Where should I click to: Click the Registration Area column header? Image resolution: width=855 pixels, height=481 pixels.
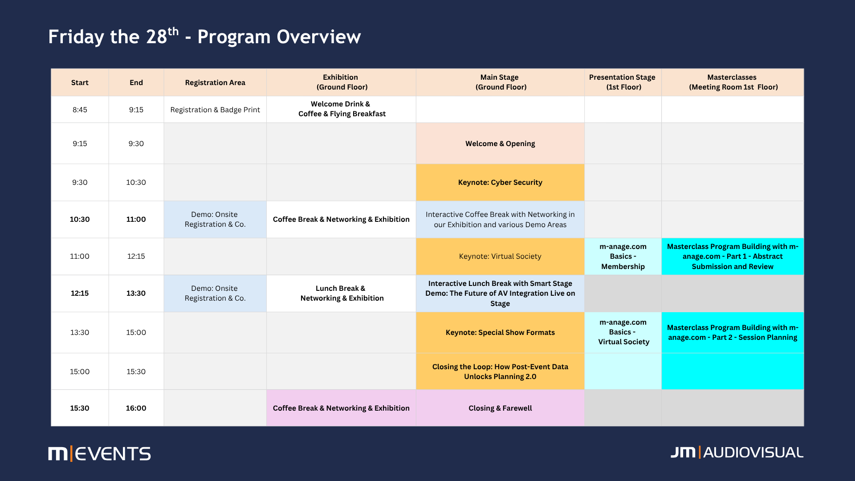point(215,82)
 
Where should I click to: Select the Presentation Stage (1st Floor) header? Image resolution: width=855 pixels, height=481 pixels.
point(623,82)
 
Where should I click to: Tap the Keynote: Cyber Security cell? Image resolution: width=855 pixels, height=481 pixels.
point(500,182)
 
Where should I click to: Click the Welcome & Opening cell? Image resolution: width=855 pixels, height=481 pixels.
point(500,143)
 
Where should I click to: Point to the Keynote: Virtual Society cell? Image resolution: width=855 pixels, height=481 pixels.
point(500,256)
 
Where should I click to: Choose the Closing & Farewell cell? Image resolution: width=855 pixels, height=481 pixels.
point(500,408)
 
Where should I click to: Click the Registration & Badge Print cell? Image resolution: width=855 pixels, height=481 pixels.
point(215,110)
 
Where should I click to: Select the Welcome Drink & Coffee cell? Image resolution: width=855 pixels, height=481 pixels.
point(341,109)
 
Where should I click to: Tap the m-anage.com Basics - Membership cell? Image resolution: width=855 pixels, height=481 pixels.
point(623,256)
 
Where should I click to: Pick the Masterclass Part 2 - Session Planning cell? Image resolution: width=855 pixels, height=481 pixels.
point(733,332)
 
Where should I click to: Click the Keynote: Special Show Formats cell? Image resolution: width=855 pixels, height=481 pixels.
point(500,332)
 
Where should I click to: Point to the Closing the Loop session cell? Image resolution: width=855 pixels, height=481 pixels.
point(500,371)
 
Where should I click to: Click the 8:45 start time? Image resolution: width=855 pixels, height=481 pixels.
point(80,110)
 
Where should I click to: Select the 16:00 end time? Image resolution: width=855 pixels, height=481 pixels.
point(136,408)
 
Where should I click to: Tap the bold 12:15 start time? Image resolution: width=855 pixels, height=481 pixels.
point(80,293)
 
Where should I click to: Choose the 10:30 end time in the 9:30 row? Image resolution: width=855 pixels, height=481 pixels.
point(136,182)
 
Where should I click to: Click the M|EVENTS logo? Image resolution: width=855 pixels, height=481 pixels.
point(99,453)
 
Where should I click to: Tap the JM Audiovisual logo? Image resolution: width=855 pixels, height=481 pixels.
point(737,452)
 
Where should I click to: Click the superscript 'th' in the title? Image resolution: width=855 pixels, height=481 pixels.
point(173,31)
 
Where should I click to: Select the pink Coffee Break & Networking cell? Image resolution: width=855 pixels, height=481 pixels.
point(341,408)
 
